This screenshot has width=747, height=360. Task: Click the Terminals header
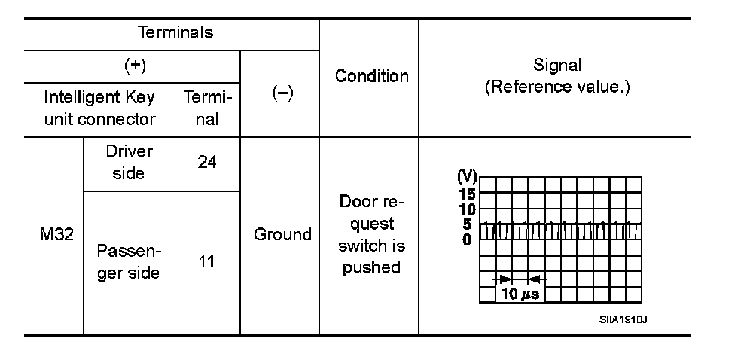click(x=175, y=33)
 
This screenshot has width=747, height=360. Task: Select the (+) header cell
click(x=134, y=66)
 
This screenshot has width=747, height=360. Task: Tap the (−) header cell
click(x=281, y=94)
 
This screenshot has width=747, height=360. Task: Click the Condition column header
click(x=371, y=76)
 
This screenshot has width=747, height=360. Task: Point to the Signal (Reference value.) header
click(x=557, y=76)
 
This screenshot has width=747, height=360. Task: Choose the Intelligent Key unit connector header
click(x=99, y=108)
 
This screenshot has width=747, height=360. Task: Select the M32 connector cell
click(x=56, y=234)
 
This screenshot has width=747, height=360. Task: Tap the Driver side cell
click(x=128, y=163)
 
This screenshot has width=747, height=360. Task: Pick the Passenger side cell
click(x=128, y=262)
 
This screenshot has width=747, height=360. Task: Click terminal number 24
click(x=206, y=163)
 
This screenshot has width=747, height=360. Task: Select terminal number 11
click(x=206, y=262)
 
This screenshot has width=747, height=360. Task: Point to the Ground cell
click(x=282, y=234)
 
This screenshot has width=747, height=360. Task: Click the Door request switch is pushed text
click(x=371, y=234)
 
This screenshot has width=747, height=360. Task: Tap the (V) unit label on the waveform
click(x=467, y=176)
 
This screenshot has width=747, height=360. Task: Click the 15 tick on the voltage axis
click(x=466, y=194)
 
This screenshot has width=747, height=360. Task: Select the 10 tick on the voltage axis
click(x=466, y=209)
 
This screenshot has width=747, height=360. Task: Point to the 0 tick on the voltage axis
click(x=467, y=239)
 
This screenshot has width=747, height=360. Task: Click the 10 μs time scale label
click(x=520, y=294)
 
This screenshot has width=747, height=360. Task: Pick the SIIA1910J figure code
click(x=624, y=319)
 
